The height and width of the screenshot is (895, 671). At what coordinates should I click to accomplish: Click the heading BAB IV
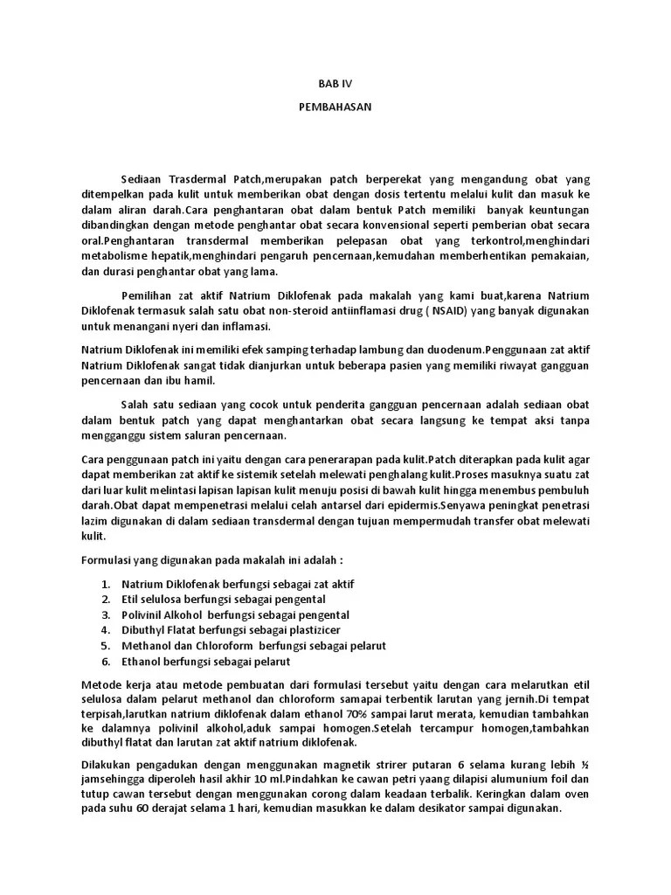point(335,85)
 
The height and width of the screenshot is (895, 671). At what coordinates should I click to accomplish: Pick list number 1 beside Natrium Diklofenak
point(105,583)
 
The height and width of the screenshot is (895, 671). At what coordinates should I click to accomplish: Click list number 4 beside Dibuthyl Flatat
point(105,629)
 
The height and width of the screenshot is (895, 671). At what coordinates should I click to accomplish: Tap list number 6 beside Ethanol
point(105,661)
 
